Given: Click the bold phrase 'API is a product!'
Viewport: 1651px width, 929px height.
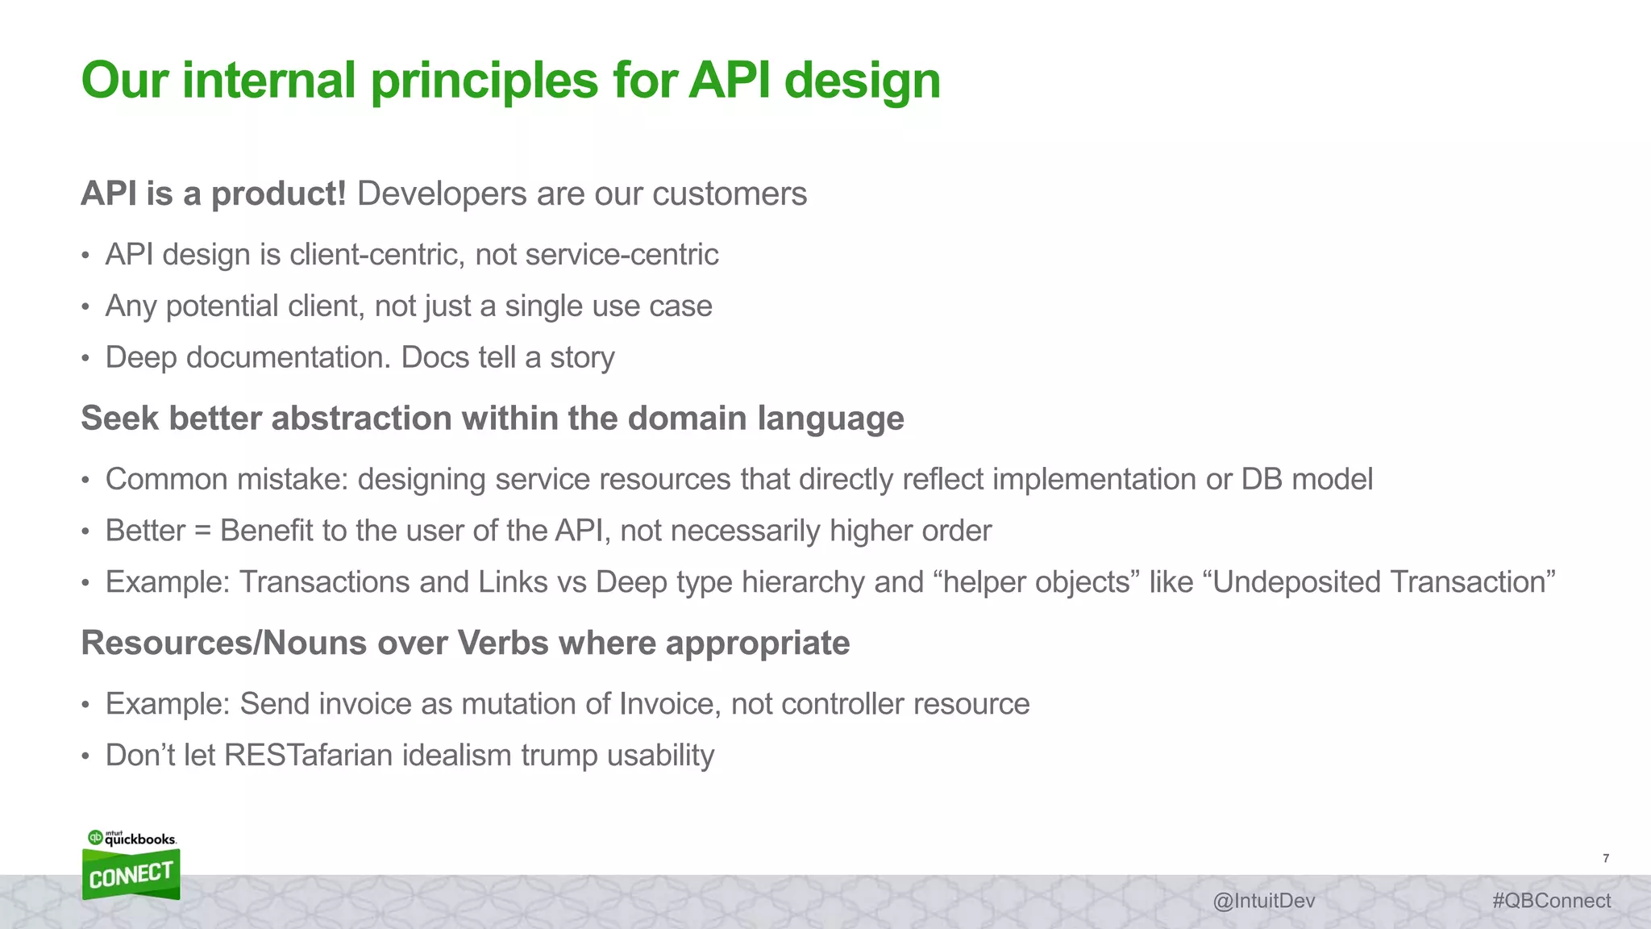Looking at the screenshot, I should click(214, 194).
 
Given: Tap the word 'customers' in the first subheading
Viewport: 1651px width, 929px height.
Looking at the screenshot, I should click(730, 194).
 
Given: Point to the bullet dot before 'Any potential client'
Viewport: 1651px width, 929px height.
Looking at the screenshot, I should click(85, 308).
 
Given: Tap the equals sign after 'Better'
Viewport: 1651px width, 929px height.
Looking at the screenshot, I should click(202, 531).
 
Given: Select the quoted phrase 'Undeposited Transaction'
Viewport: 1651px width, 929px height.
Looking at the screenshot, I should click(1383, 582).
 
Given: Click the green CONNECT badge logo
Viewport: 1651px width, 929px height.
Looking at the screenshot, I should click(131, 875).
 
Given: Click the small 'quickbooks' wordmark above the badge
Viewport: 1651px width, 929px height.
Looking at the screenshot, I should click(140, 839).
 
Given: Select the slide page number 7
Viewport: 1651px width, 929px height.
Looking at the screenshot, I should click(1606, 859).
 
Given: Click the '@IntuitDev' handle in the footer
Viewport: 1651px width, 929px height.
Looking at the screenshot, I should click(1263, 901).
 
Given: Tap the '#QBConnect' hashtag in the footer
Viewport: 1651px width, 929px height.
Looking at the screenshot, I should click(1551, 901).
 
